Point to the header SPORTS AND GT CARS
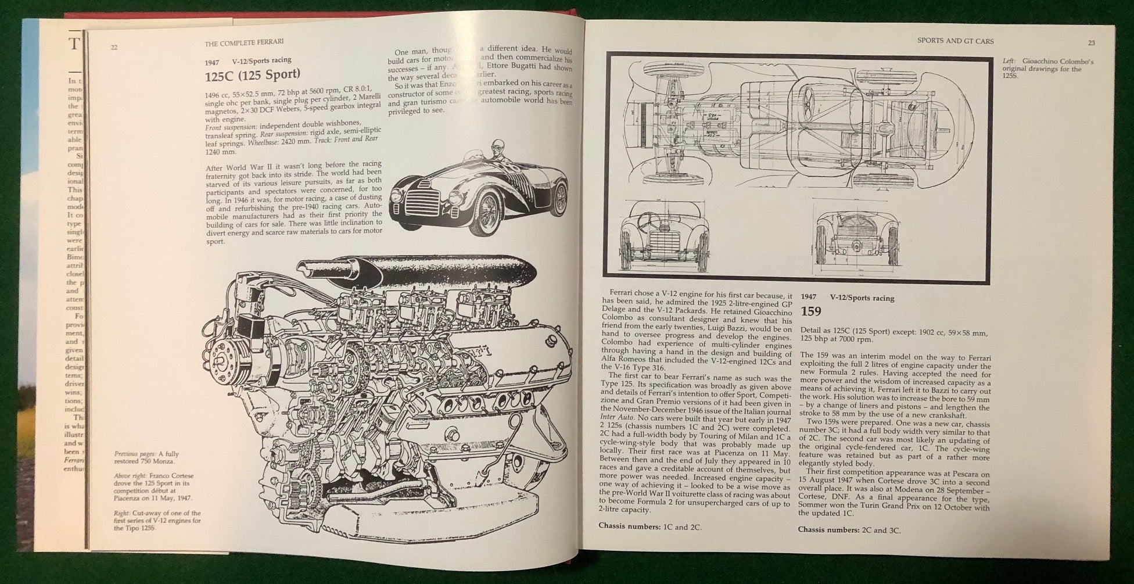point(955,41)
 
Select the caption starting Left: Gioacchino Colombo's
point(1042,69)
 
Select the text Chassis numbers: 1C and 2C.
point(650,527)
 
